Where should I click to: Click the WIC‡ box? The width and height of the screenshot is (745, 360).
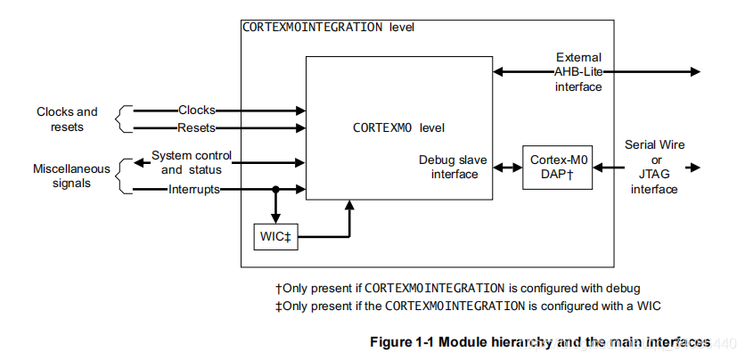(275, 238)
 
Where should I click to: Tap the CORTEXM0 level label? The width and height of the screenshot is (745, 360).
(399, 127)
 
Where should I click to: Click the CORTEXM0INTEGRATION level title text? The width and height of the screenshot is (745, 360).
(328, 28)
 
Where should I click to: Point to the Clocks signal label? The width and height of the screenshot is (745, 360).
(197, 110)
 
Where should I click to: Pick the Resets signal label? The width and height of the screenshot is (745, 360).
(197, 128)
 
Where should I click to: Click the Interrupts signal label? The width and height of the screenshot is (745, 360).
(194, 190)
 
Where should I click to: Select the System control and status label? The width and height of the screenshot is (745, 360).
(191, 162)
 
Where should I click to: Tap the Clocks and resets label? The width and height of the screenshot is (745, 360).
(67, 119)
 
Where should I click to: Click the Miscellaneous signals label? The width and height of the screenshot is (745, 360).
(71, 176)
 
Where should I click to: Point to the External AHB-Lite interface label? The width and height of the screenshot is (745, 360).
(578, 72)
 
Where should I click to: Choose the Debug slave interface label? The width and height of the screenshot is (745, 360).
(453, 167)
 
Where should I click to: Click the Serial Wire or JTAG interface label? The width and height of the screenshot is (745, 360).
(654, 167)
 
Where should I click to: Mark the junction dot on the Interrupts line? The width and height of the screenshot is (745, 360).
(275, 190)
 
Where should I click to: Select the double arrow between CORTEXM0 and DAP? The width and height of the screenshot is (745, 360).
(508, 168)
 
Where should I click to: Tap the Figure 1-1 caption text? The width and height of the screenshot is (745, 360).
(539, 341)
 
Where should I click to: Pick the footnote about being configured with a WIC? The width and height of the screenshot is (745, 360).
(468, 306)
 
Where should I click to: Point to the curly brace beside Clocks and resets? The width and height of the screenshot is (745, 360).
(126, 119)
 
